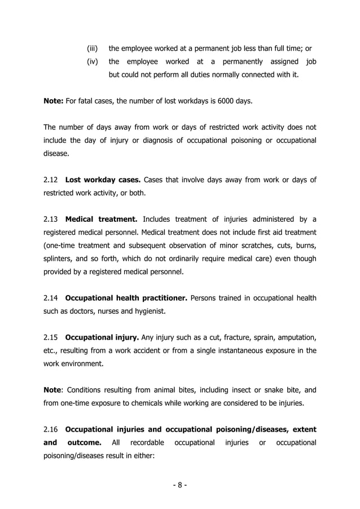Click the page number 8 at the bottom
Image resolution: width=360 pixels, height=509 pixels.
coord(179,485)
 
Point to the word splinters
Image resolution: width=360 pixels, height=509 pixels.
coord(59,259)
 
